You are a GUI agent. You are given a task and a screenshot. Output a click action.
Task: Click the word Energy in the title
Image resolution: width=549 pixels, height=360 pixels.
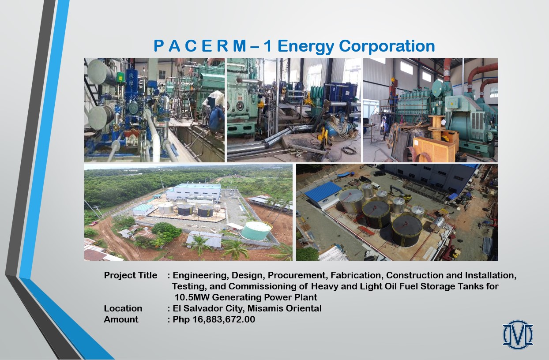click(x=306, y=46)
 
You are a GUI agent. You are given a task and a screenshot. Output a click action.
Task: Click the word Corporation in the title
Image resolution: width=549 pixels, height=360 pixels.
click(x=387, y=46)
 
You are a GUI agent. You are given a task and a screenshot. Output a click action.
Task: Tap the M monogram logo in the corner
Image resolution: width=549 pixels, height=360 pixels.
click(x=518, y=335)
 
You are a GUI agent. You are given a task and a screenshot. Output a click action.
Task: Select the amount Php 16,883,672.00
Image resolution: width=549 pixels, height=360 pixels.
click(x=214, y=319)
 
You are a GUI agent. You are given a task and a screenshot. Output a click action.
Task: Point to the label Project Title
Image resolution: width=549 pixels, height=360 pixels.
click(x=130, y=275)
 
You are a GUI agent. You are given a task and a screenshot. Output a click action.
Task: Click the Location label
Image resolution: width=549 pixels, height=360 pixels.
click(x=123, y=308)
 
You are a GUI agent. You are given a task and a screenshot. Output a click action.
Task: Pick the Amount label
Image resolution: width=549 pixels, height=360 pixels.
click(x=121, y=319)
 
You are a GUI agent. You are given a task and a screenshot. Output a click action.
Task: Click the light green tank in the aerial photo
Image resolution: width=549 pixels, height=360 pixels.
click(x=256, y=231)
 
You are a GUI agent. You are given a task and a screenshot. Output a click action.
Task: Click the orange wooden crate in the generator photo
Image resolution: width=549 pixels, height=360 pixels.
click(x=434, y=149)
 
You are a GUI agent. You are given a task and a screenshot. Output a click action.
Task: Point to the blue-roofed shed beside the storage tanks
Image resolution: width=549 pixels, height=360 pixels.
click(x=323, y=195)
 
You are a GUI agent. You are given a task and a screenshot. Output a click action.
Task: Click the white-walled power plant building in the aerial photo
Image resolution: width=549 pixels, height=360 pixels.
click(x=194, y=192)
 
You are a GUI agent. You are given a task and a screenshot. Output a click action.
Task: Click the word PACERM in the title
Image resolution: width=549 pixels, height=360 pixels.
click(x=199, y=46)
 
